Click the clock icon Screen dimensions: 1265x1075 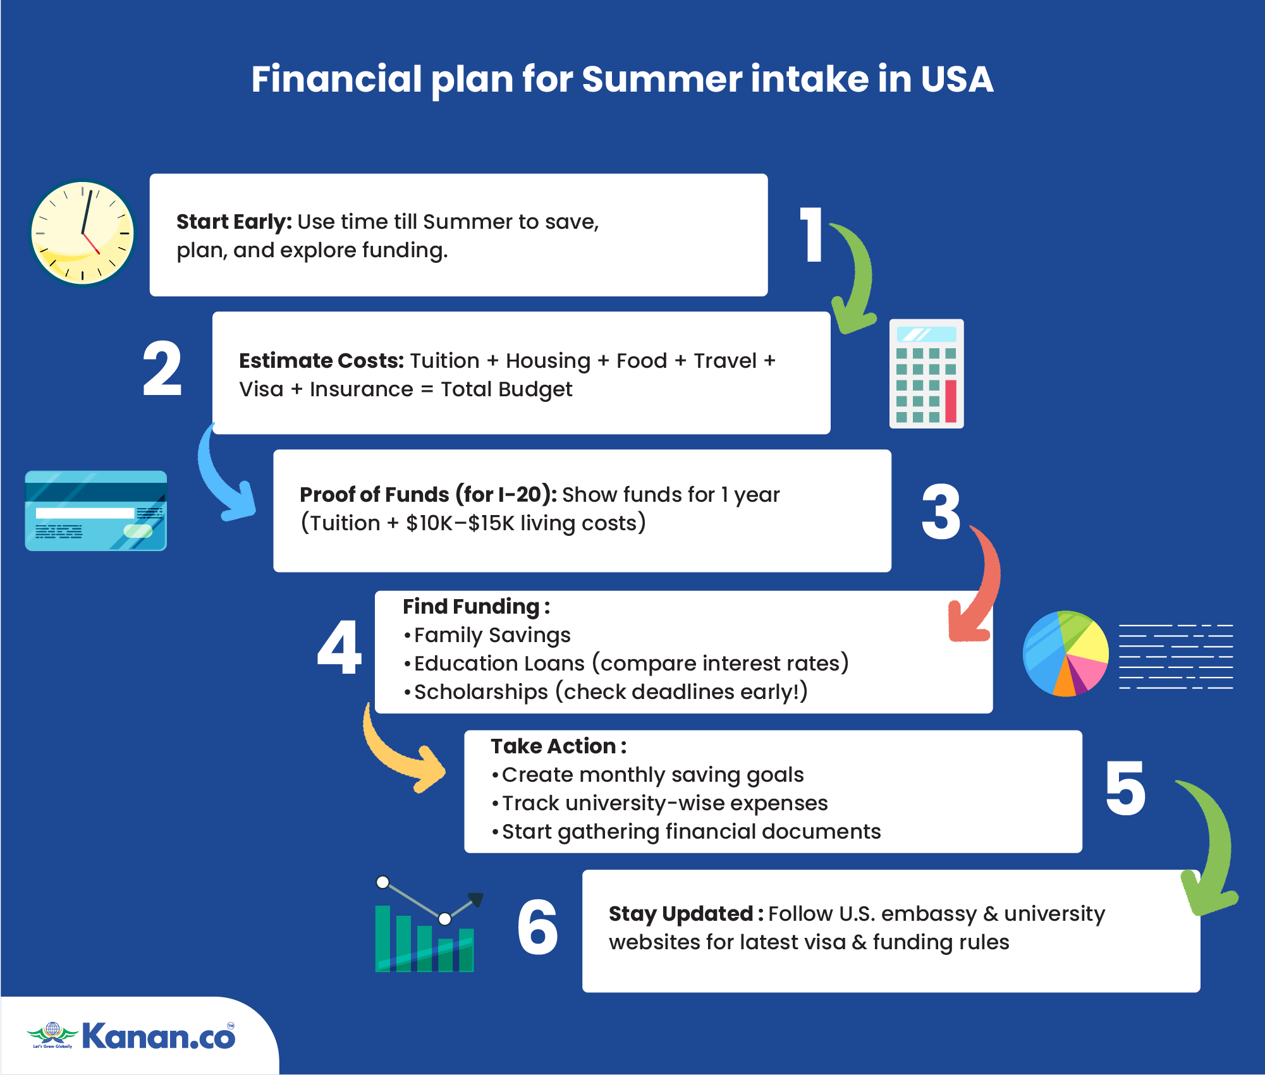click(x=83, y=233)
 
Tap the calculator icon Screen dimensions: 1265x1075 click(x=926, y=374)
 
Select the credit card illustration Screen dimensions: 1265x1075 click(x=96, y=511)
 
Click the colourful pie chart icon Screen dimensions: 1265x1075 click(x=1065, y=653)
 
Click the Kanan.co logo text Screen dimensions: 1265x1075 click(x=159, y=1036)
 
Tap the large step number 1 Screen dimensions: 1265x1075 click(x=811, y=234)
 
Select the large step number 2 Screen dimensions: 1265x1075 click(x=162, y=368)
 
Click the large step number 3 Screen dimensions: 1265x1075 click(x=941, y=512)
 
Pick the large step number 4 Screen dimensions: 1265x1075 click(x=339, y=647)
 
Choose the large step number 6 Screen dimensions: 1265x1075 click(x=537, y=927)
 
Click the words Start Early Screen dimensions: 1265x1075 click(x=234, y=222)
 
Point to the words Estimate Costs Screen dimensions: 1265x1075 click(x=321, y=361)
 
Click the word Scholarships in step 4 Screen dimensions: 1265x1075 click(x=481, y=692)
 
